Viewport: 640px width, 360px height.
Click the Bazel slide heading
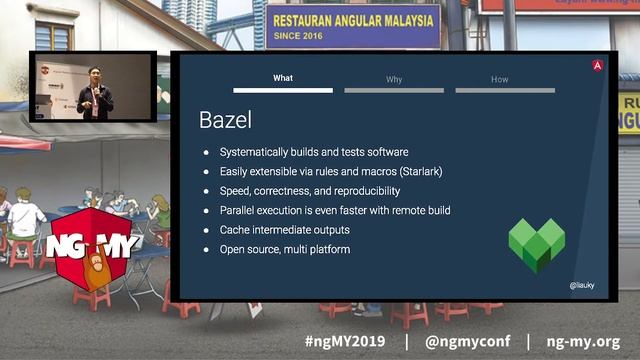[x=225, y=121]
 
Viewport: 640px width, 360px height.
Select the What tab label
[x=283, y=79]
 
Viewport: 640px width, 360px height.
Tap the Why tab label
[x=394, y=79]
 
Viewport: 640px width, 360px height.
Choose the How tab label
[x=499, y=79]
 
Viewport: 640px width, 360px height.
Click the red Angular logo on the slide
[x=597, y=65]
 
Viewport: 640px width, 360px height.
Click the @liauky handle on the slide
[x=582, y=286]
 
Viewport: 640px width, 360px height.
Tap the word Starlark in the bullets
[x=419, y=172]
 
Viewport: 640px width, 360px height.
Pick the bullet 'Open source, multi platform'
[x=285, y=249]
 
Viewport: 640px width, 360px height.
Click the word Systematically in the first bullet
[x=255, y=152]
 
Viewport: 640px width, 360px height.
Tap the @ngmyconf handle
[x=466, y=342]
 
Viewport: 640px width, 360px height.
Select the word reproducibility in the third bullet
[x=384, y=191]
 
